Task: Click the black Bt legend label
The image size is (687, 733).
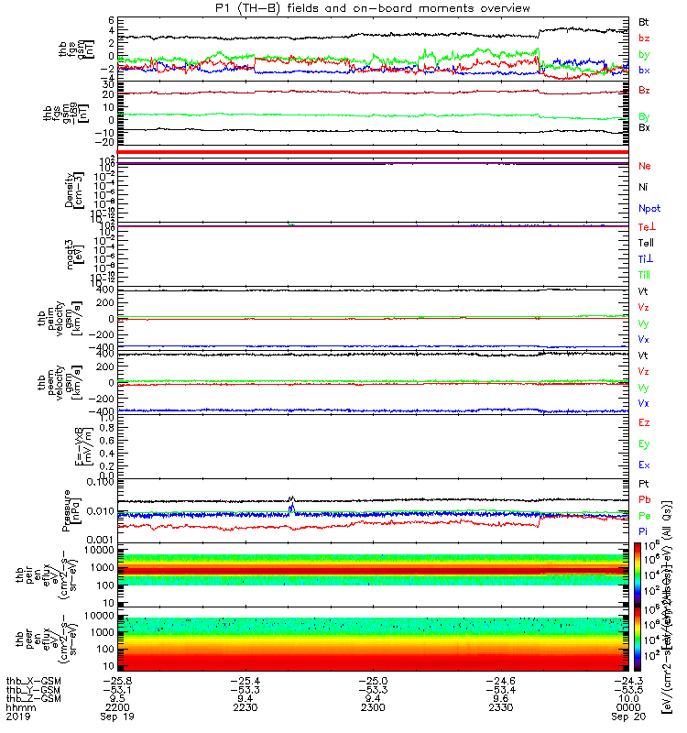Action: (x=644, y=20)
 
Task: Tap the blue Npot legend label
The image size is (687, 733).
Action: (x=649, y=208)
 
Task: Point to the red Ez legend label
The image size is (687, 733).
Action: (x=644, y=422)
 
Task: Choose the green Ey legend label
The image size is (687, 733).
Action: (x=644, y=443)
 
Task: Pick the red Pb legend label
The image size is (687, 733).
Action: (x=644, y=499)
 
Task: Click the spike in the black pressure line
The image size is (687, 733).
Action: (x=291, y=498)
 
